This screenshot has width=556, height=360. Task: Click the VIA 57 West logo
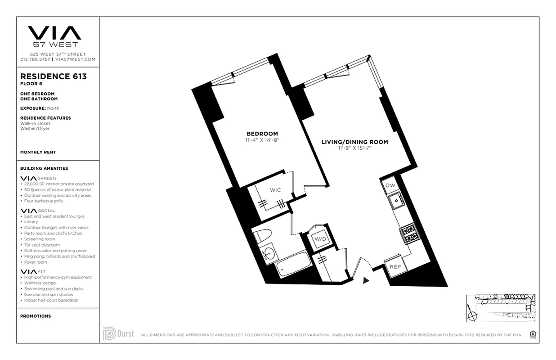pyautogui.click(x=54, y=36)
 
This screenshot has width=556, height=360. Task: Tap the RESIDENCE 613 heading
pyautogui.click(x=54, y=76)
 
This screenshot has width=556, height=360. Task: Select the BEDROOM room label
pyautogui.click(x=262, y=134)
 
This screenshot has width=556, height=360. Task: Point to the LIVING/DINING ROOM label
pyautogui.click(x=354, y=142)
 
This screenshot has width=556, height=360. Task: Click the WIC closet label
pyautogui.click(x=275, y=190)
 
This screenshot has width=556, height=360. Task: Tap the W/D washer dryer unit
pyautogui.click(x=320, y=238)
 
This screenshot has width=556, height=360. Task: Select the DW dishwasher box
pyautogui.click(x=390, y=185)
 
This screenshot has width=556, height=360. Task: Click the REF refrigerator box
pyautogui.click(x=395, y=266)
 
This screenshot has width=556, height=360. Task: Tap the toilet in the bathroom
pyautogui.click(x=262, y=236)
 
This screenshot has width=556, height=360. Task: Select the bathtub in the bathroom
pyautogui.click(x=293, y=264)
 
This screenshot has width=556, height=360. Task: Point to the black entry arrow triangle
pyautogui.click(x=366, y=280)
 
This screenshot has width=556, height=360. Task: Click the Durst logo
pyautogui.click(x=119, y=333)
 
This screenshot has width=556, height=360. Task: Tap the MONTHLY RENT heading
pyautogui.click(x=38, y=153)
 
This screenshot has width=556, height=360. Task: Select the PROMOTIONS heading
pyautogui.click(x=36, y=316)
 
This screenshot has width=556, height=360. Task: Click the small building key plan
pyautogui.click(x=501, y=308)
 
